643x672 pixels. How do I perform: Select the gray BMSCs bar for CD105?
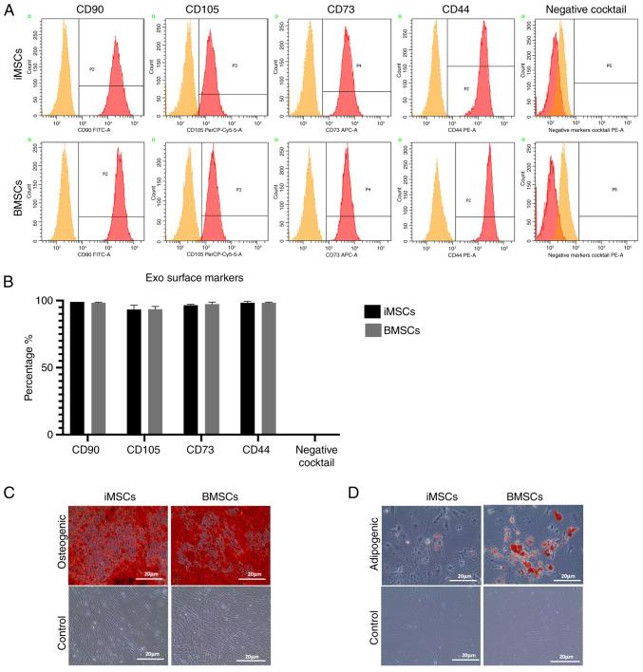(x=155, y=371)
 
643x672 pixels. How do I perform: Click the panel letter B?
(x=9, y=282)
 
